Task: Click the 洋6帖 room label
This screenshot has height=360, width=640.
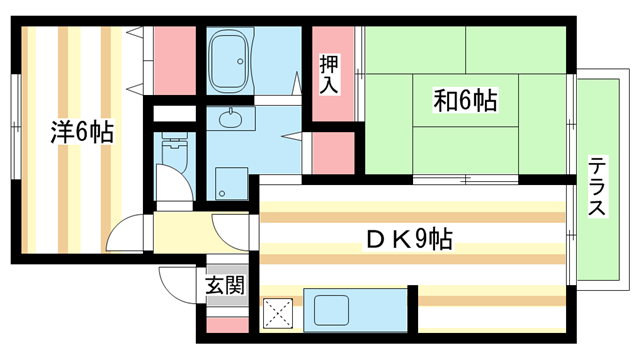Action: pyautogui.click(x=81, y=131)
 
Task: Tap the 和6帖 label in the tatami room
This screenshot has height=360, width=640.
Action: pyautogui.click(x=466, y=100)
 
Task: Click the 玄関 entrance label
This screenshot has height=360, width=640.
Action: pyautogui.click(x=225, y=285)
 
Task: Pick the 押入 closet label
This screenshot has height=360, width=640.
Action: pyautogui.click(x=330, y=74)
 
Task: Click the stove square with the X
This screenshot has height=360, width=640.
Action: pyautogui.click(x=276, y=314)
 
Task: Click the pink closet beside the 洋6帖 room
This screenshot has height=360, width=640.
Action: pyautogui.click(x=175, y=59)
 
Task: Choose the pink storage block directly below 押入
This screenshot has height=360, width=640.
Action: pyautogui.click(x=333, y=150)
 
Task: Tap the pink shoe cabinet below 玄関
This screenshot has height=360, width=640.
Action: pyautogui.click(x=225, y=326)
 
